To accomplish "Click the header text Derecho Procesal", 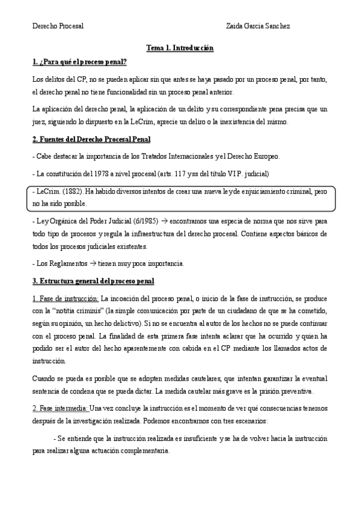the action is pyautogui.click(x=58, y=26).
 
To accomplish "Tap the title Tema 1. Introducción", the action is pyautogui.click(x=180, y=47).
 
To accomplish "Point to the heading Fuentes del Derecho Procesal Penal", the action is pyautogui.click(x=91, y=140).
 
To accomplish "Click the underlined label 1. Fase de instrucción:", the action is pyautogui.click(x=66, y=298).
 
